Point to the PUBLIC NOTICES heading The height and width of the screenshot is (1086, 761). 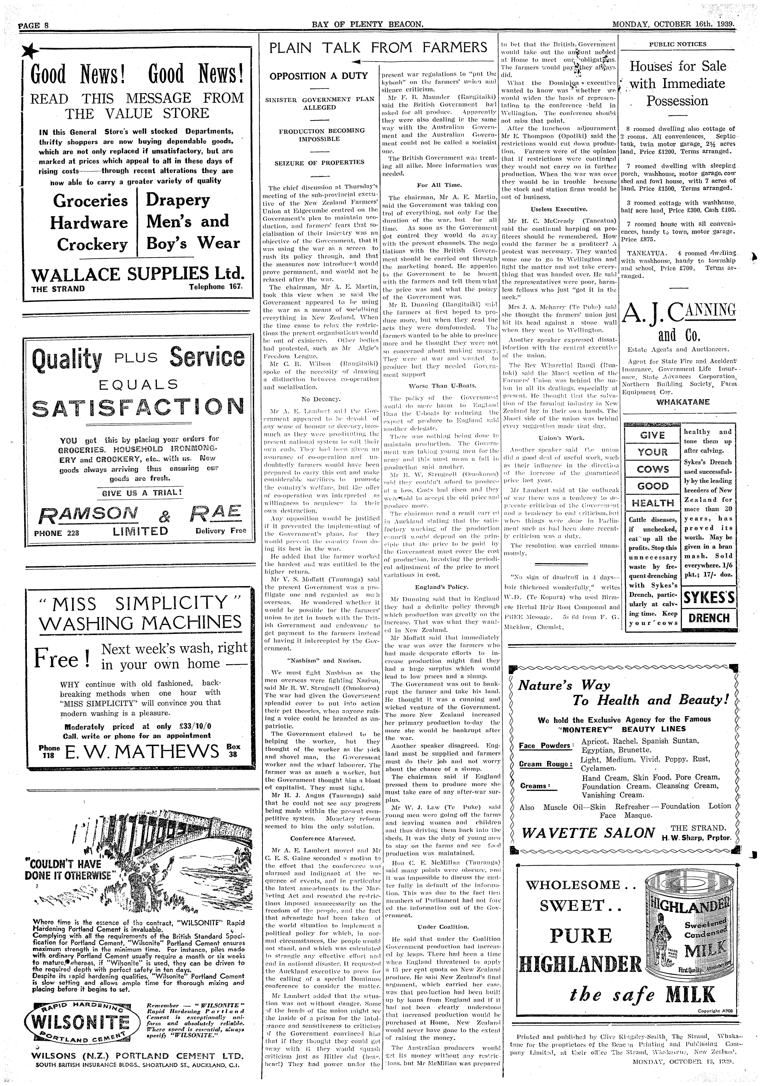(x=678, y=44)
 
